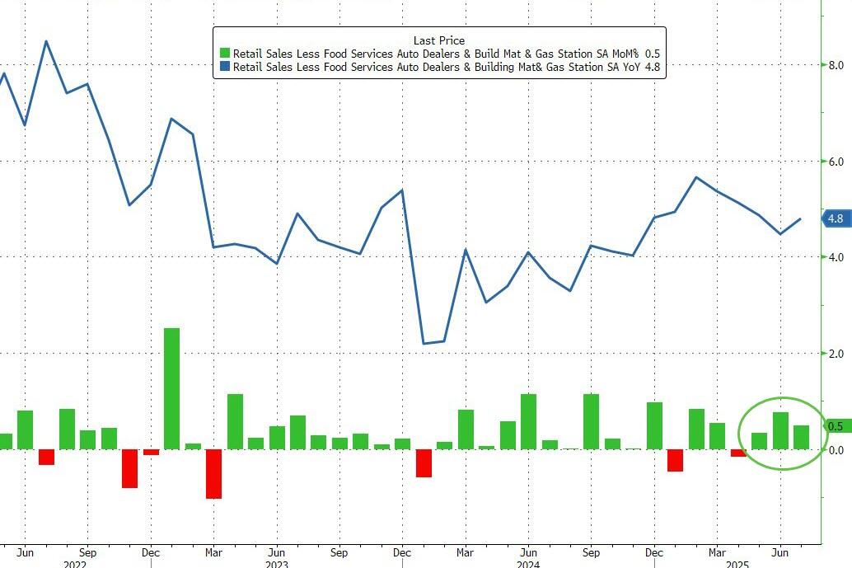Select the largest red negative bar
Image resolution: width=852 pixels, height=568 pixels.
213,473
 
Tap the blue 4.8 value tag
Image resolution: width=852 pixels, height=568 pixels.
835,218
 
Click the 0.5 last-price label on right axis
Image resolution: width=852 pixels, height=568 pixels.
835,426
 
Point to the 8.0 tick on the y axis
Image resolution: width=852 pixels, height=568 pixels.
835,66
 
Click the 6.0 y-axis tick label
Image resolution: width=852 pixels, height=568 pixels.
835,162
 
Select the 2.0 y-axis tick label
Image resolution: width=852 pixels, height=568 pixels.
835,354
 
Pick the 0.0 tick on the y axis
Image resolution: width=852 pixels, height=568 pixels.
835,450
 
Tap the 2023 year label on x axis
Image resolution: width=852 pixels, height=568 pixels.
277,564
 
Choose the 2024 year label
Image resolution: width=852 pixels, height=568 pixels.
528,564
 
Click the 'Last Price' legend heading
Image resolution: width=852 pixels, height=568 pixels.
439,40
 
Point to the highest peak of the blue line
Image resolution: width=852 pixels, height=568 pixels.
45,40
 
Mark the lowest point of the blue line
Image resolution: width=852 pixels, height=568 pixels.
424,343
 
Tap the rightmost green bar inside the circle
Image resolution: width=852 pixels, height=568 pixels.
801,437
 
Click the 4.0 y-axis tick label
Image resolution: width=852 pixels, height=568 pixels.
835,257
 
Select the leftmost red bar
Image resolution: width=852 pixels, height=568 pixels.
46,457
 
